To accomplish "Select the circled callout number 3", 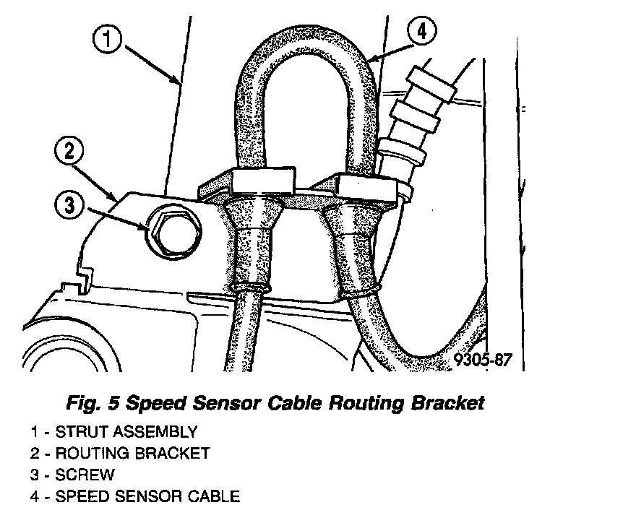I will pos(69,206).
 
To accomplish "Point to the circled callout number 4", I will pos(422,33).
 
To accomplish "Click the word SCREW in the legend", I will pos(85,475).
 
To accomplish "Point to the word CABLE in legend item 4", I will pos(213,496).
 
